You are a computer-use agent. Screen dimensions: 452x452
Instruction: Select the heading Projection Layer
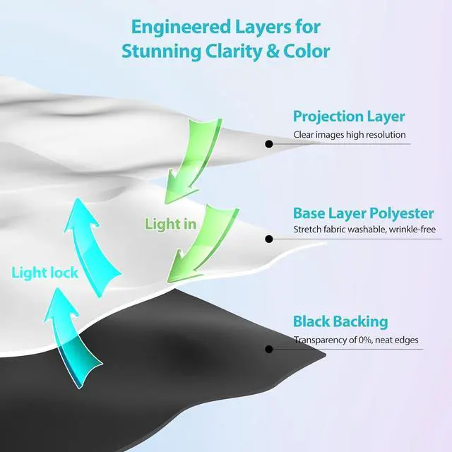tap(349, 117)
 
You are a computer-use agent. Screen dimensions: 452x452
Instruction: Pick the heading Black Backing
tap(340, 322)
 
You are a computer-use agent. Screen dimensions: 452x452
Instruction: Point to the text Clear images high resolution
tap(350, 134)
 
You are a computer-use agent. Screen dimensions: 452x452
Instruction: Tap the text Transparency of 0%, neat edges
tap(356, 340)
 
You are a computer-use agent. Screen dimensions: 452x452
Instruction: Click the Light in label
tap(170, 225)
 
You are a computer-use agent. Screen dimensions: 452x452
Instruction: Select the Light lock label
tap(44, 272)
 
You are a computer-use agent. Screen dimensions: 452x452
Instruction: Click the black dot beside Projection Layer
tap(268, 143)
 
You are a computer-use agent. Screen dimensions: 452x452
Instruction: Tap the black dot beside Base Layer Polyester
tap(268, 239)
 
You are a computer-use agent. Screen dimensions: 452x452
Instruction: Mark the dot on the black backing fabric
tap(268, 349)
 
